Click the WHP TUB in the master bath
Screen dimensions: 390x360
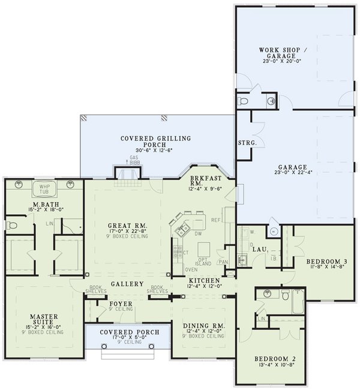(43, 187)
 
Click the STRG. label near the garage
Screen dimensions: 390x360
(248, 143)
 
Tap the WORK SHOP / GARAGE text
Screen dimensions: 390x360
(277, 52)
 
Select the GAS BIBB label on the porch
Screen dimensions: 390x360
(134, 160)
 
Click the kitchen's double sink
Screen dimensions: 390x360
(181, 229)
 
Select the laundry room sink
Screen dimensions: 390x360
(242, 259)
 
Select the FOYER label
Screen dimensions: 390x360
(120, 304)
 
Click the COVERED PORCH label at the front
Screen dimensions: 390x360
(129, 332)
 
